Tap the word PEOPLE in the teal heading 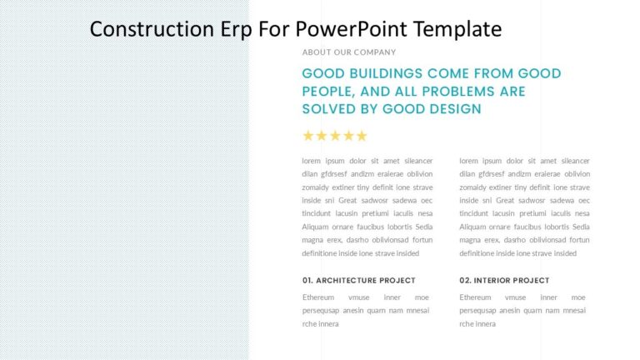[329, 92]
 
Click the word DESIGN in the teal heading [450, 109]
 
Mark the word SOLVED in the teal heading [330, 109]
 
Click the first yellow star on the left [308, 136]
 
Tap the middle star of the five [335, 136]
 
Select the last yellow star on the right [361, 136]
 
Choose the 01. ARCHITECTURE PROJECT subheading [358, 280]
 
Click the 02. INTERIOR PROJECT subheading [504, 280]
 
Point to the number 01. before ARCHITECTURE [307, 280]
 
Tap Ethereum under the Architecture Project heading [318, 297]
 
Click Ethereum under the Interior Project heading [475, 297]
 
